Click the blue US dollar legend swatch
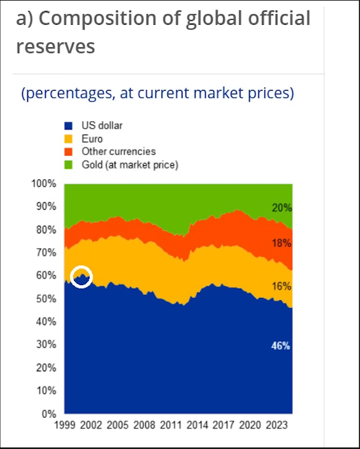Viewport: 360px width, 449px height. point(68,126)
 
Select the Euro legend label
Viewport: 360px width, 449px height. point(92,139)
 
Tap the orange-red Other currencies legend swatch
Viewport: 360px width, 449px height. point(68,152)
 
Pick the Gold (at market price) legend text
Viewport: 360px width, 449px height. point(130,165)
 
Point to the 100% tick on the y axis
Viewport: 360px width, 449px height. point(43,184)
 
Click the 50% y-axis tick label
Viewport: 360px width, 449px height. point(46,298)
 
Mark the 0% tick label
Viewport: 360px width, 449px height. point(49,414)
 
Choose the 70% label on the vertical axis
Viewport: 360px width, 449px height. point(46,253)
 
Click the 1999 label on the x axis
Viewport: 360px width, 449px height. point(65,425)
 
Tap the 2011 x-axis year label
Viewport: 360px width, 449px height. point(171,425)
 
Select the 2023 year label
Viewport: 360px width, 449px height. point(277,425)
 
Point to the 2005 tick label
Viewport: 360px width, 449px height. point(118,425)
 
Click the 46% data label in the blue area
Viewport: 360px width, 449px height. point(280,346)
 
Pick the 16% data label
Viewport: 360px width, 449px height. point(282,286)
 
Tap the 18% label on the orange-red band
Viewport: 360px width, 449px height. point(282,243)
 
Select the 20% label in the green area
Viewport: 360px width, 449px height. point(282,208)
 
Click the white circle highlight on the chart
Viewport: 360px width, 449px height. point(82,267)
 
